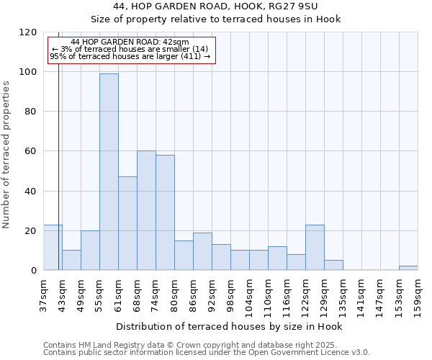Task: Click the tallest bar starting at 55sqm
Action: click(x=109, y=171)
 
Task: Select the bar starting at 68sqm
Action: click(x=146, y=210)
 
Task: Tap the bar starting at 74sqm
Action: click(x=165, y=212)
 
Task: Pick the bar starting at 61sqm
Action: click(x=127, y=223)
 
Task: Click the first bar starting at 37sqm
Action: click(x=53, y=248)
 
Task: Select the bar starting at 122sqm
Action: click(x=315, y=248)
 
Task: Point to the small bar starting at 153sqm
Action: click(x=408, y=268)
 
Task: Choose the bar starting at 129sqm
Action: click(x=333, y=265)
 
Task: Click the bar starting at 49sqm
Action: click(x=90, y=251)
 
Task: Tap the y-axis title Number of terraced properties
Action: click(x=7, y=155)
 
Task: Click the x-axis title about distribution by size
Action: click(x=229, y=326)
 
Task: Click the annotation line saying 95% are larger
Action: click(x=130, y=56)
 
